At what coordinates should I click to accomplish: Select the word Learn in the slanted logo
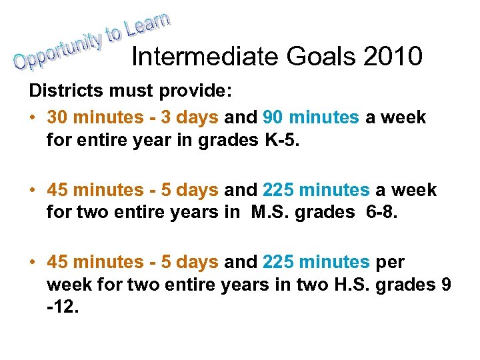coord(149,24)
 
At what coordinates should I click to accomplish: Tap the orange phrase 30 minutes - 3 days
coord(133,118)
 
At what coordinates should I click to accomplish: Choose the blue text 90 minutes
coord(311,118)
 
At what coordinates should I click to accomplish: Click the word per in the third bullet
coord(391,263)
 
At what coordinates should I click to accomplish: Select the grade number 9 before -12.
coord(445,285)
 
